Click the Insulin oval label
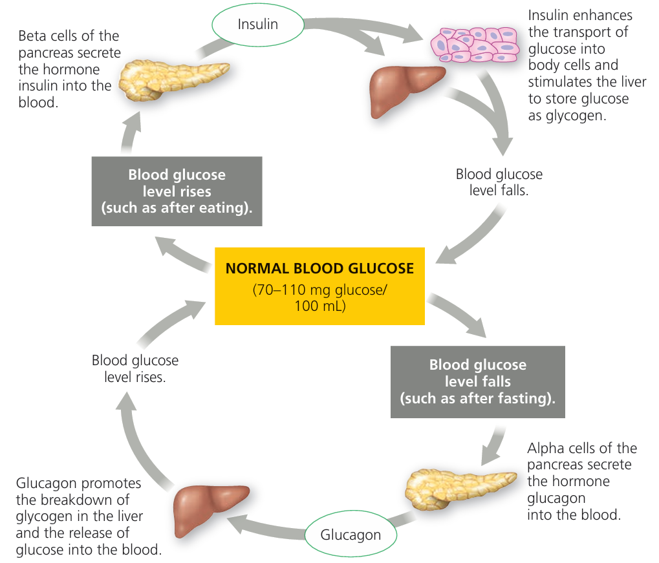257,25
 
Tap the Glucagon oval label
351,535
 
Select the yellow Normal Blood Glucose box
319,285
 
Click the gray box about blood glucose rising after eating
177,191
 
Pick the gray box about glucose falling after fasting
477,381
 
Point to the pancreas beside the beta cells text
172,80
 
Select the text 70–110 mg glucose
319,290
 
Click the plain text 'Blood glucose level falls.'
499,183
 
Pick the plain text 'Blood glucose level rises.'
135,368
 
